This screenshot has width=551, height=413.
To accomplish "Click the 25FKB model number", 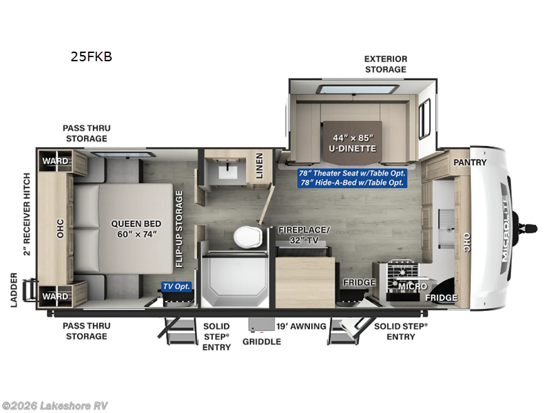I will point(91,57).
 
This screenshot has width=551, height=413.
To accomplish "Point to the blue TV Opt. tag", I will point(177,286).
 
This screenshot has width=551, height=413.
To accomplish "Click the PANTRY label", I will point(470,162).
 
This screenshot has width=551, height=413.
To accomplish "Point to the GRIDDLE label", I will point(261,341).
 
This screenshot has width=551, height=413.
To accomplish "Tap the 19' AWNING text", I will point(301,326).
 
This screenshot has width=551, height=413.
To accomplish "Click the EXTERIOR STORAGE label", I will point(386,64).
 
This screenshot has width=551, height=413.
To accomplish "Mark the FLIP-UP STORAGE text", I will point(179,229).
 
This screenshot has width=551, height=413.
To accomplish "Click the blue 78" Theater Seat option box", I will point(352,178).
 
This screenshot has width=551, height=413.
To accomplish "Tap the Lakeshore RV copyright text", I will point(55,405).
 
